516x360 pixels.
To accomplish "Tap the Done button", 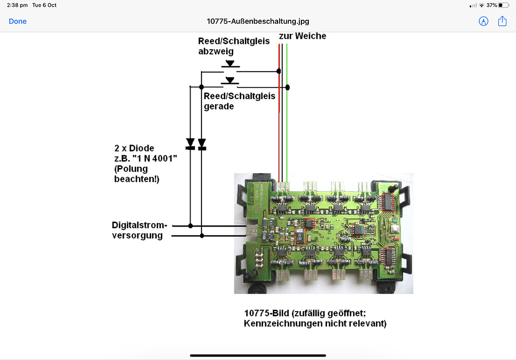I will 18,21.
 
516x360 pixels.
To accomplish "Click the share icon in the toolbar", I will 502,21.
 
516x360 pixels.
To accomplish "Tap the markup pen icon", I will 483,21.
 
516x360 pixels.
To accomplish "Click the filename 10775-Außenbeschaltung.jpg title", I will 258,21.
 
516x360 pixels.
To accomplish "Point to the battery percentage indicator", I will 492,5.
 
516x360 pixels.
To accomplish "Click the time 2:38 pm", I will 17,5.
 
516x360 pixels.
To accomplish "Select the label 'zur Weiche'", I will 302,36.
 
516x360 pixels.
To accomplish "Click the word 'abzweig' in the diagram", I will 216,51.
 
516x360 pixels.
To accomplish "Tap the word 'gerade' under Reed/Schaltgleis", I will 219,106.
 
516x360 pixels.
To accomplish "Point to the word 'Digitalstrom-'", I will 140,225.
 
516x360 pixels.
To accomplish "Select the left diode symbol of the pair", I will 190,144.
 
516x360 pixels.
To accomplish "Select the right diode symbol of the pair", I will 202,144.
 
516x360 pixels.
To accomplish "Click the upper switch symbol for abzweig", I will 230,64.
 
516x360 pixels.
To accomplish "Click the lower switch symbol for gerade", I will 230,81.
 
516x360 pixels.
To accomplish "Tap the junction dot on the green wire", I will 288,87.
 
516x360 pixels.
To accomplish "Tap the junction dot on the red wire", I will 279,71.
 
